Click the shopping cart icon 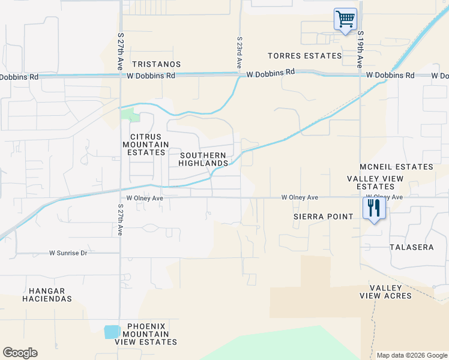point(345,19)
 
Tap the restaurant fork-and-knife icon point(373,208)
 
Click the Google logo point(20,353)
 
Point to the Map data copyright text point(411,355)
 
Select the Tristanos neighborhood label point(156,64)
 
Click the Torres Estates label point(304,56)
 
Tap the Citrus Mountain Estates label point(143,145)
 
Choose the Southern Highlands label point(203,159)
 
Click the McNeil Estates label point(396,167)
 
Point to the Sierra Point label point(323,217)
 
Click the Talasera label point(411,247)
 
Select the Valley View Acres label point(385,292)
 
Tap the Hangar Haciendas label point(47,294)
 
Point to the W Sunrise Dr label point(68,253)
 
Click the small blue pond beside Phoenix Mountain point(112,332)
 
